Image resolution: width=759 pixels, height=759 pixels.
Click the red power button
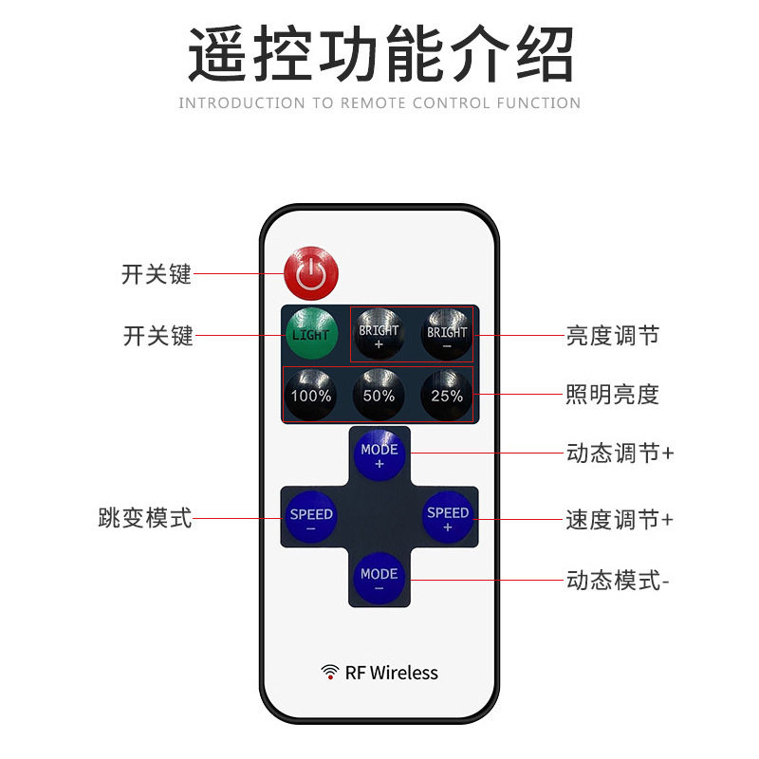311,273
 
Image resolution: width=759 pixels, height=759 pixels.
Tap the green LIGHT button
311,334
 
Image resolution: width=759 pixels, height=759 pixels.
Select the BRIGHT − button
446,335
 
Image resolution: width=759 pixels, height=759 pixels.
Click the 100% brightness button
310,395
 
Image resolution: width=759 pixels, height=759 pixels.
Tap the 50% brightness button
379,395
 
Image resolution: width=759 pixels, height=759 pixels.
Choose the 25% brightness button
446,395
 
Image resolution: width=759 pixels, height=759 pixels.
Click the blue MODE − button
379,578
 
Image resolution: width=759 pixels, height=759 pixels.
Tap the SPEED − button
311,517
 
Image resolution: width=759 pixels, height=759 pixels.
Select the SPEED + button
447,517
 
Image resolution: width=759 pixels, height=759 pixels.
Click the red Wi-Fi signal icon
330,672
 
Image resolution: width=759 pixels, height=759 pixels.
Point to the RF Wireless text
391,673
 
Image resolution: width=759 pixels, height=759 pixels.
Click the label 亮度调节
612,336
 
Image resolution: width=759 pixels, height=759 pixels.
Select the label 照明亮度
612,394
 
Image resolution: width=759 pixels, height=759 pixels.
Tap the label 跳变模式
145,517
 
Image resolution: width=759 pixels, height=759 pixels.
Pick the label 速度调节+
620,520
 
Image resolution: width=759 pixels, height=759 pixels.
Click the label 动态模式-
618,580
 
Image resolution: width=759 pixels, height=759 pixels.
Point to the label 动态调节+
620,454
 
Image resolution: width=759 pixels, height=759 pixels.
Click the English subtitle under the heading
379,103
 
